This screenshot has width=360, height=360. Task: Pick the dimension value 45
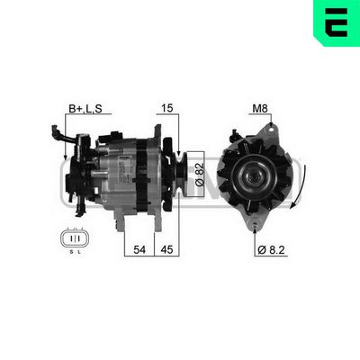coord(168,250)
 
